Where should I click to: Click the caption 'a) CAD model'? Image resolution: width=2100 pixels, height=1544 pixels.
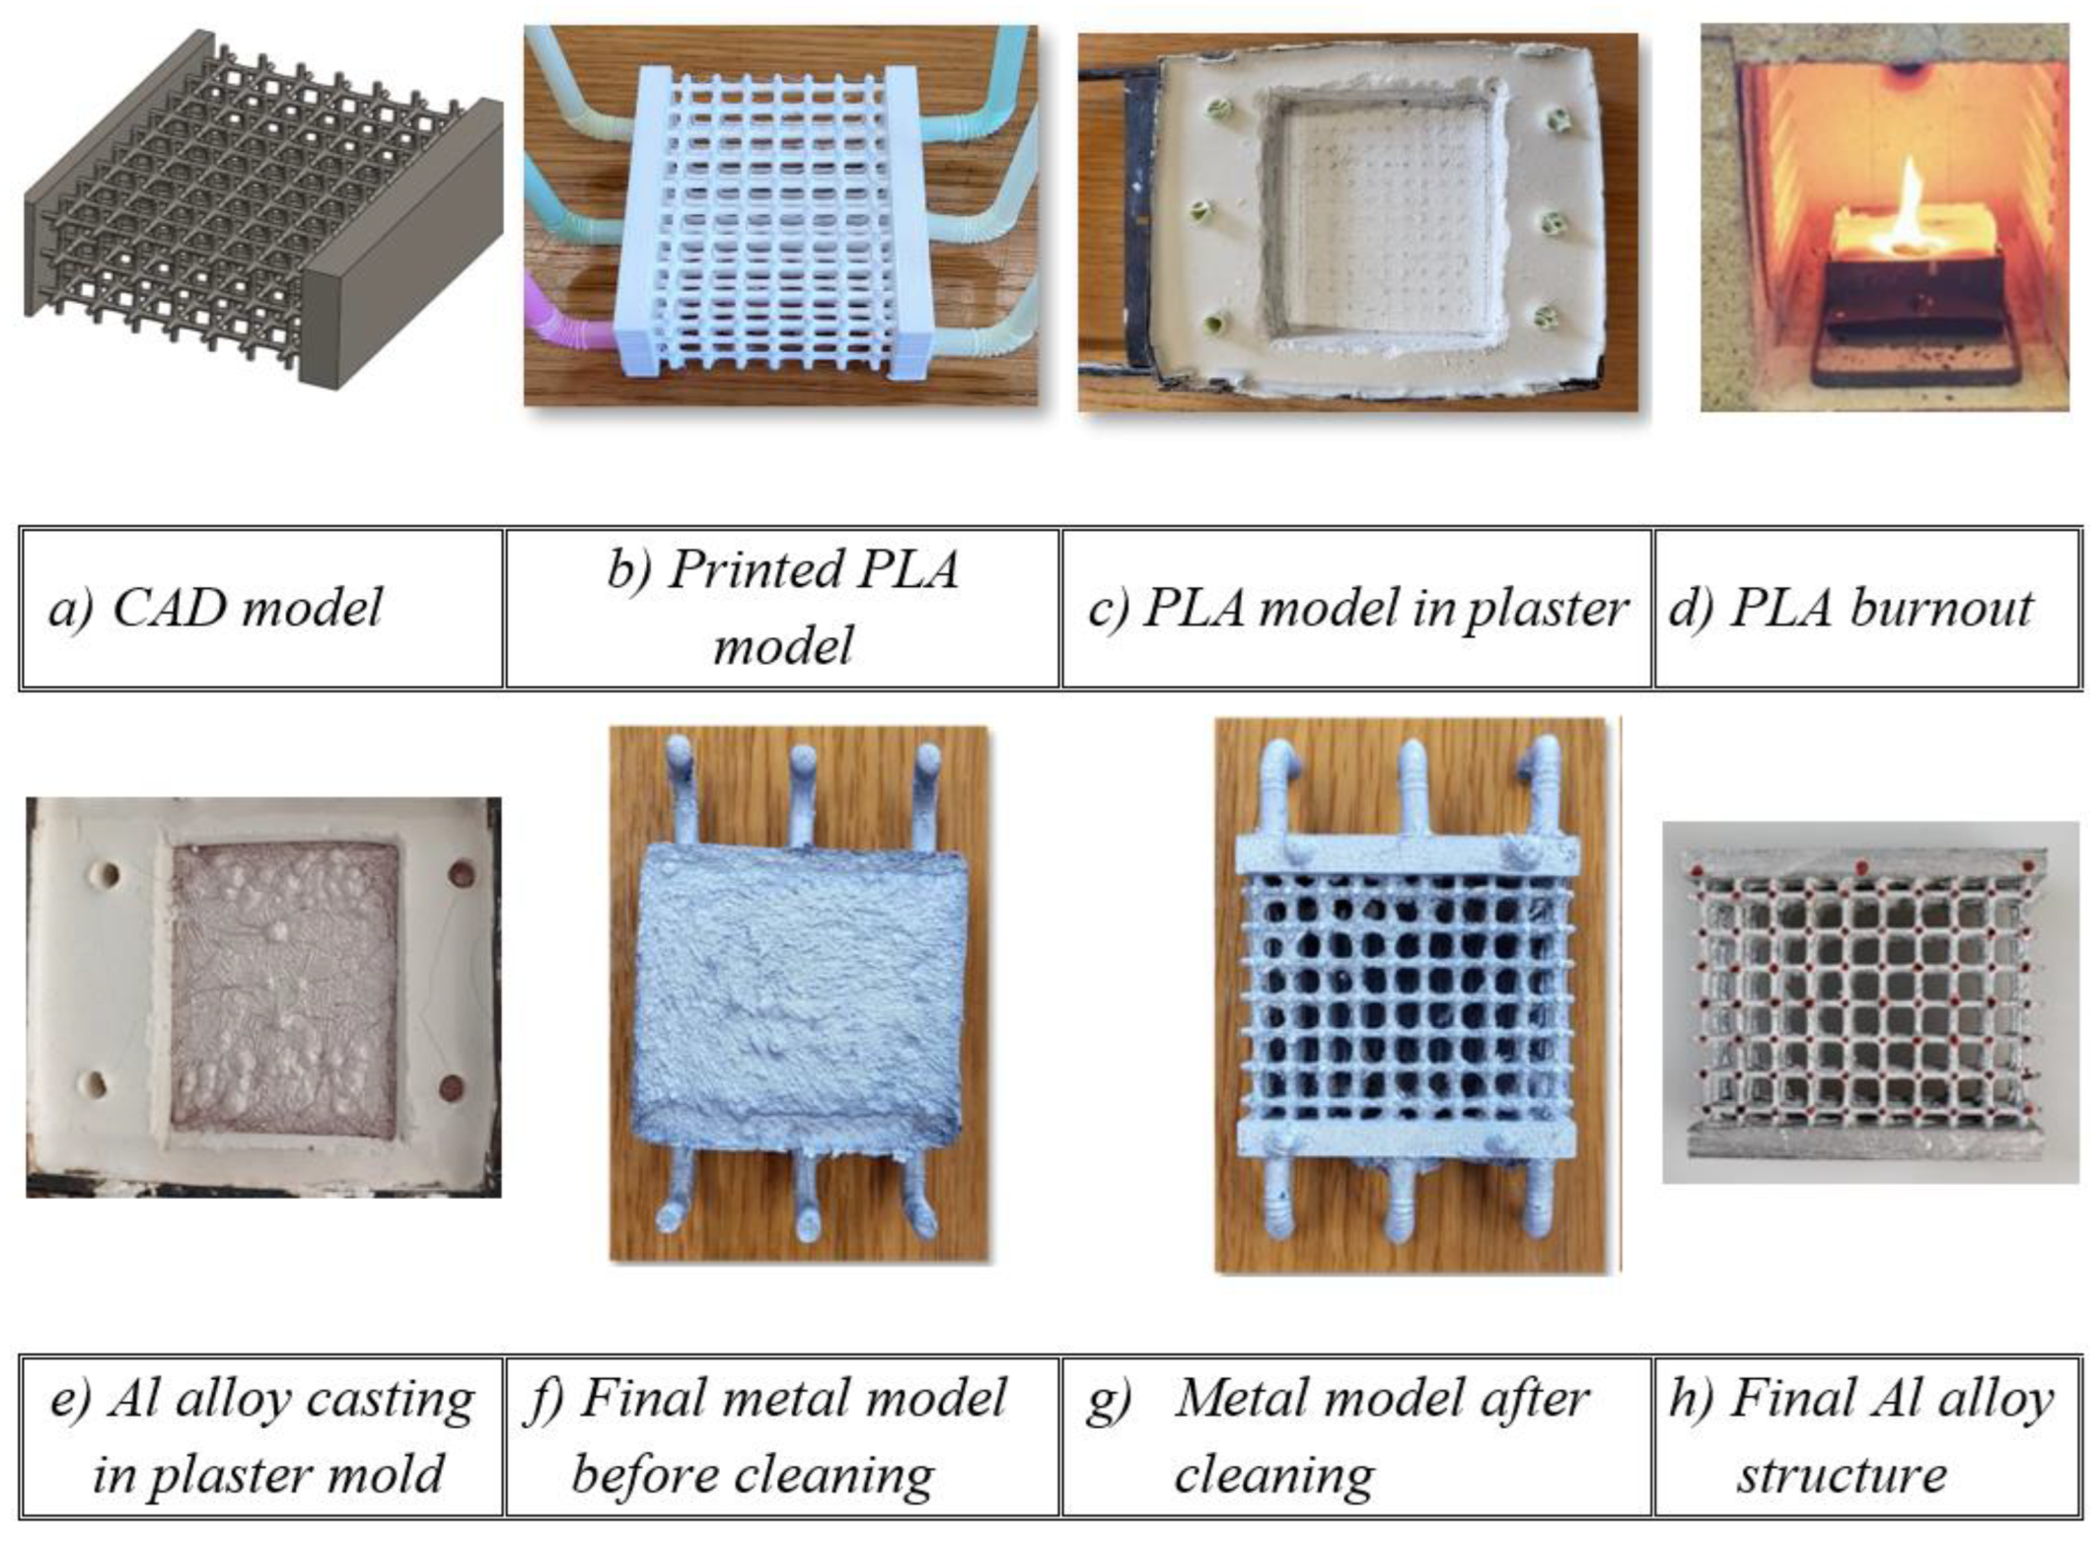[x=215, y=608]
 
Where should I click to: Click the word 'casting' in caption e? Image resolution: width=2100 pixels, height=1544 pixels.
[x=390, y=1400]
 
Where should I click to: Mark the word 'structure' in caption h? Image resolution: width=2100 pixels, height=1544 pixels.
[x=1842, y=1475]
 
